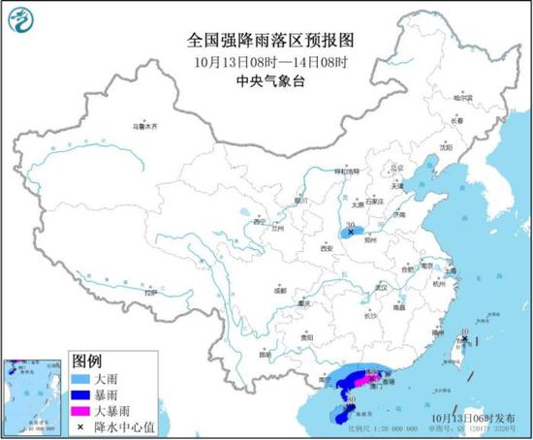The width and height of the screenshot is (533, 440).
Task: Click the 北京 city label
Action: click(x=395, y=166)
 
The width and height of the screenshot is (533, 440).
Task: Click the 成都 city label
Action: click(x=279, y=290)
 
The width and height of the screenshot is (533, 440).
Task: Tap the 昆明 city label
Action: click(x=265, y=355)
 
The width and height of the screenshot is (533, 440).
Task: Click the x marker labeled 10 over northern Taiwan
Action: click(x=465, y=339)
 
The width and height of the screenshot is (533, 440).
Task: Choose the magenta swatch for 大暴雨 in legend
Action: click(x=79, y=408)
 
